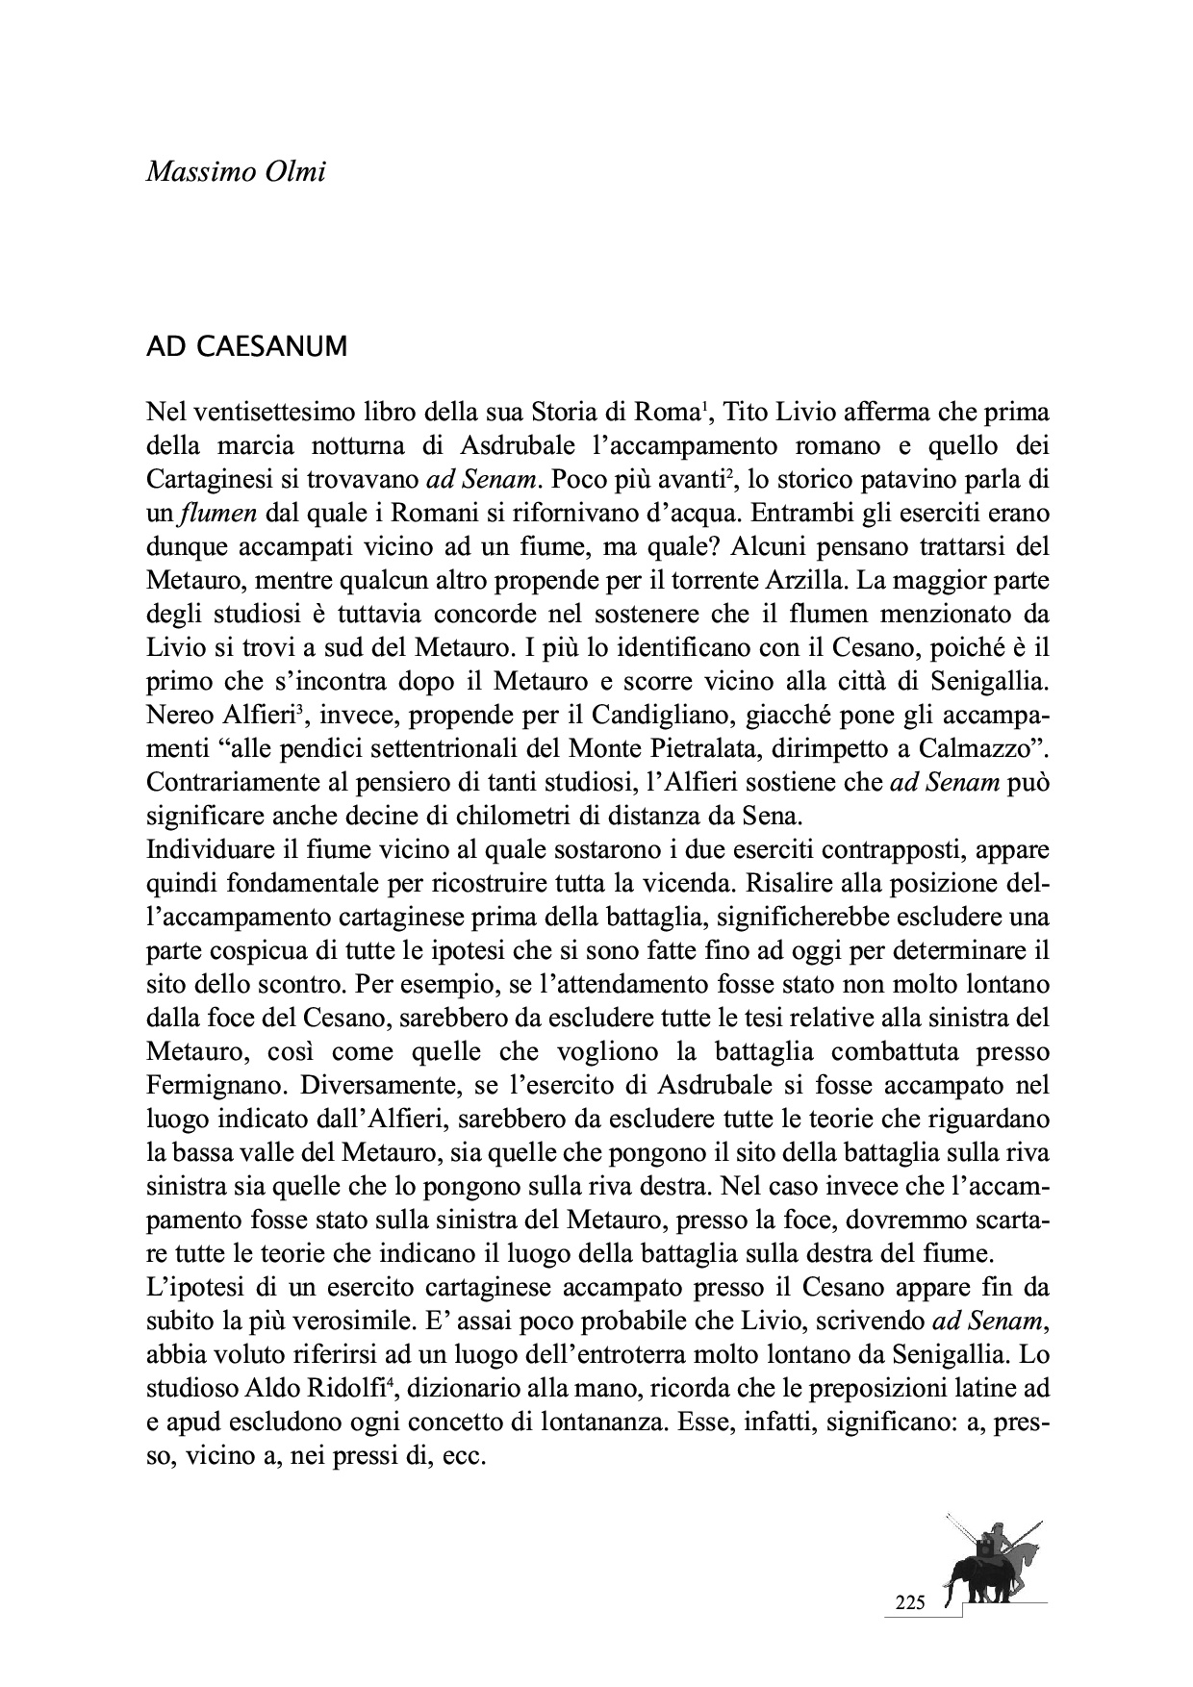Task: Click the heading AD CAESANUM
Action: [x=245, y=347]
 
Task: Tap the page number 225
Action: [x=908, y=1603]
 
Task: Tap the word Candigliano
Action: [x=677, y=713]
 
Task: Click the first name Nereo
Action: [x=174, y=713]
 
